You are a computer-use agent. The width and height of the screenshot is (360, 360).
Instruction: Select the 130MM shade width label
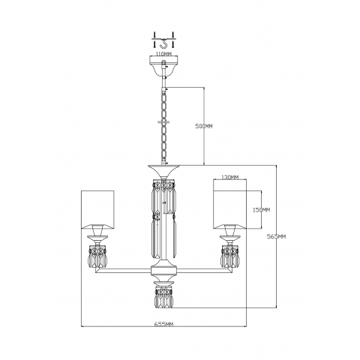[230, 178]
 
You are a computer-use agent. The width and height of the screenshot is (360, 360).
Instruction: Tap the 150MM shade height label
[260, 211]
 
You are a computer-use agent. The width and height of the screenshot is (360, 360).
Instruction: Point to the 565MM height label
[277, 236]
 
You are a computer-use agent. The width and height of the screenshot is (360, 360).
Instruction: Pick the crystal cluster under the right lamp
[229, 258]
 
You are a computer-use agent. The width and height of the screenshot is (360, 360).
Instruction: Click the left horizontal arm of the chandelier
[124, 272]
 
